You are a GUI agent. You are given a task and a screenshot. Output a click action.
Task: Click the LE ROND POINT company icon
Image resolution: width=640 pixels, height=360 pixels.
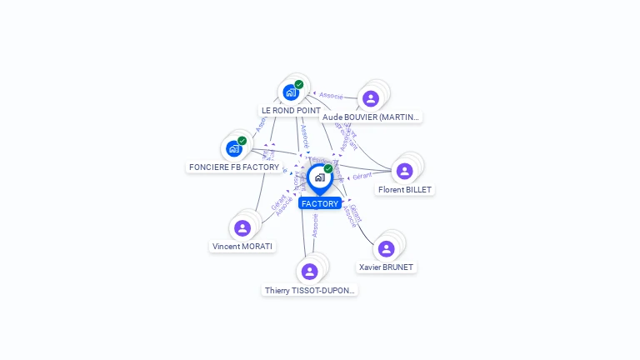click(x=290, y=92)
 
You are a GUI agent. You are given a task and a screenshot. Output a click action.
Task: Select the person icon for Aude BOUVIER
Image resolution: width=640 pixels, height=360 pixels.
click(x=371, y=98)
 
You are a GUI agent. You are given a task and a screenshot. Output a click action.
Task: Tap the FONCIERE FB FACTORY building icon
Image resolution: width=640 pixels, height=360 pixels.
click(x=234, y=149)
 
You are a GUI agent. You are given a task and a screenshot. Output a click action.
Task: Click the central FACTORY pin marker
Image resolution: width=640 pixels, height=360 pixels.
click(x=319, y=177)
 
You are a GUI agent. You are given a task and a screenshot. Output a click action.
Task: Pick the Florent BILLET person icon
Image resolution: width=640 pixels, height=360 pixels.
click(x=404, y=171)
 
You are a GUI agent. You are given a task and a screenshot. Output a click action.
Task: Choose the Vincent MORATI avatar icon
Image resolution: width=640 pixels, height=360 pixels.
click(x=242, y=227)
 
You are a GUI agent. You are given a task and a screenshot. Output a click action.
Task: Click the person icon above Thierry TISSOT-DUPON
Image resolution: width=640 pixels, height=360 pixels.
click(x=310, y=272)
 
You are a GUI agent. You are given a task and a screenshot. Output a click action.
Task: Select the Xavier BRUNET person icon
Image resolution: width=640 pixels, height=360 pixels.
click(x=386, y=248)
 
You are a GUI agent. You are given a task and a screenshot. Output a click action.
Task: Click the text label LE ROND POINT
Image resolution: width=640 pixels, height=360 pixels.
click(x=291, y=110)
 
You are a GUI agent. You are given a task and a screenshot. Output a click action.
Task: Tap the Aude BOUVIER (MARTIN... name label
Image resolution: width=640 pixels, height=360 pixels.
click(x=371, y=117)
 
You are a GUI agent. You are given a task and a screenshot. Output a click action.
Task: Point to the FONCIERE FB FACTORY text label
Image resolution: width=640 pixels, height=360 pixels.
click(x=234, y=167)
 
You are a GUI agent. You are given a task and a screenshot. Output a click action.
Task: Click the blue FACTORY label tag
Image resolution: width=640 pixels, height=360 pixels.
click(x=320, y=203)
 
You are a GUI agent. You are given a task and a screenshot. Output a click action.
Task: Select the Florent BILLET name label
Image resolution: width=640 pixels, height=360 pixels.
click(x=405, y=189)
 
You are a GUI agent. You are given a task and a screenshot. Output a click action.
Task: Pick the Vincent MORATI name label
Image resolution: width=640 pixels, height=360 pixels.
click(x=242, y=246)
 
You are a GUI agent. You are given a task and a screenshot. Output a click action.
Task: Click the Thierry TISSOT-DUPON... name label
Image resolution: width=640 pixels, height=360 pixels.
click(x=310, y=290)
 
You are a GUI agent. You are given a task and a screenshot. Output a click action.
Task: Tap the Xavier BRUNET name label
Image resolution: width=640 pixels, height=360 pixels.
click(x=386, y=267)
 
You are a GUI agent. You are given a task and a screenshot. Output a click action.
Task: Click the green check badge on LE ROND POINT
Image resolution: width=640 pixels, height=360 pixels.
click(x=298, y=84)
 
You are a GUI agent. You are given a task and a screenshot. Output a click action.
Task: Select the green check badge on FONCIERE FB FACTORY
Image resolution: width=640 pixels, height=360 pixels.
click(x=242, y=141)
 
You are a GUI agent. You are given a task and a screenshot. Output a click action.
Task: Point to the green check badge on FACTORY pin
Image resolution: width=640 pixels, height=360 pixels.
click(x=328, y=168)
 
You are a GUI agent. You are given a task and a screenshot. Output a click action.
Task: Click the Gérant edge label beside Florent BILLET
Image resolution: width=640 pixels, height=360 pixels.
click(x=362, y=176)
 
